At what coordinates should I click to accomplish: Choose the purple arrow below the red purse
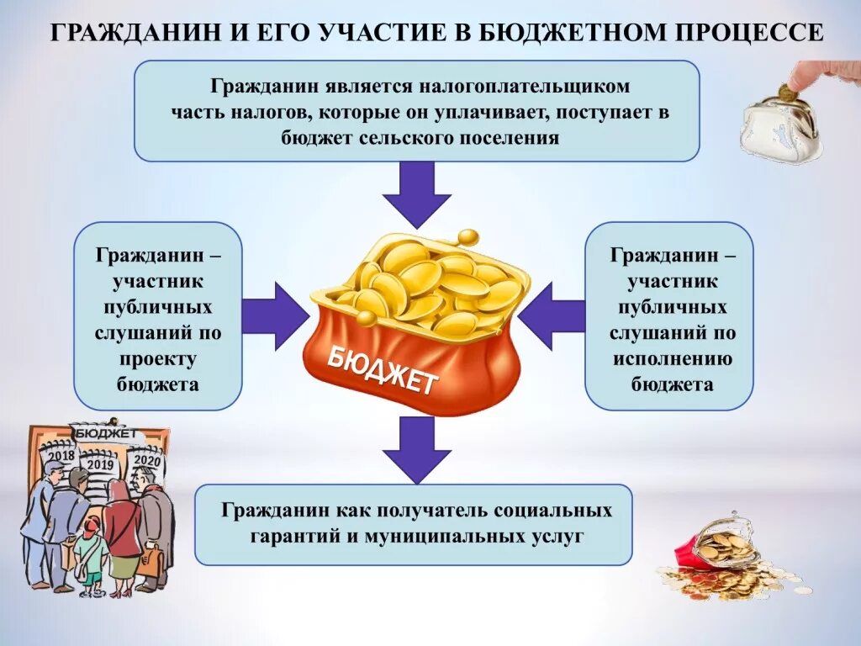pyautogui.click(x=417, y=449)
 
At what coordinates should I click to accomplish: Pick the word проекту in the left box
pyautogui.click(x=158, y=359)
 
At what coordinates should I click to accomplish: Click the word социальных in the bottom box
pyautogui.click(x=564, y=511)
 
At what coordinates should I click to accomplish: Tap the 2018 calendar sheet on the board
pyautogui.click(x=61, y=455)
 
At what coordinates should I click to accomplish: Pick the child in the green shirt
pyautogui.click(x=89, y=551)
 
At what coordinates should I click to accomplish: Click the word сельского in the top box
pyautogui.click(x=399, y=137)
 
